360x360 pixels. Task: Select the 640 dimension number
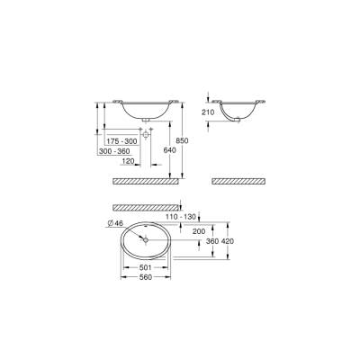point(167,150)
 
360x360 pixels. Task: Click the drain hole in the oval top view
point(146,240)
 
